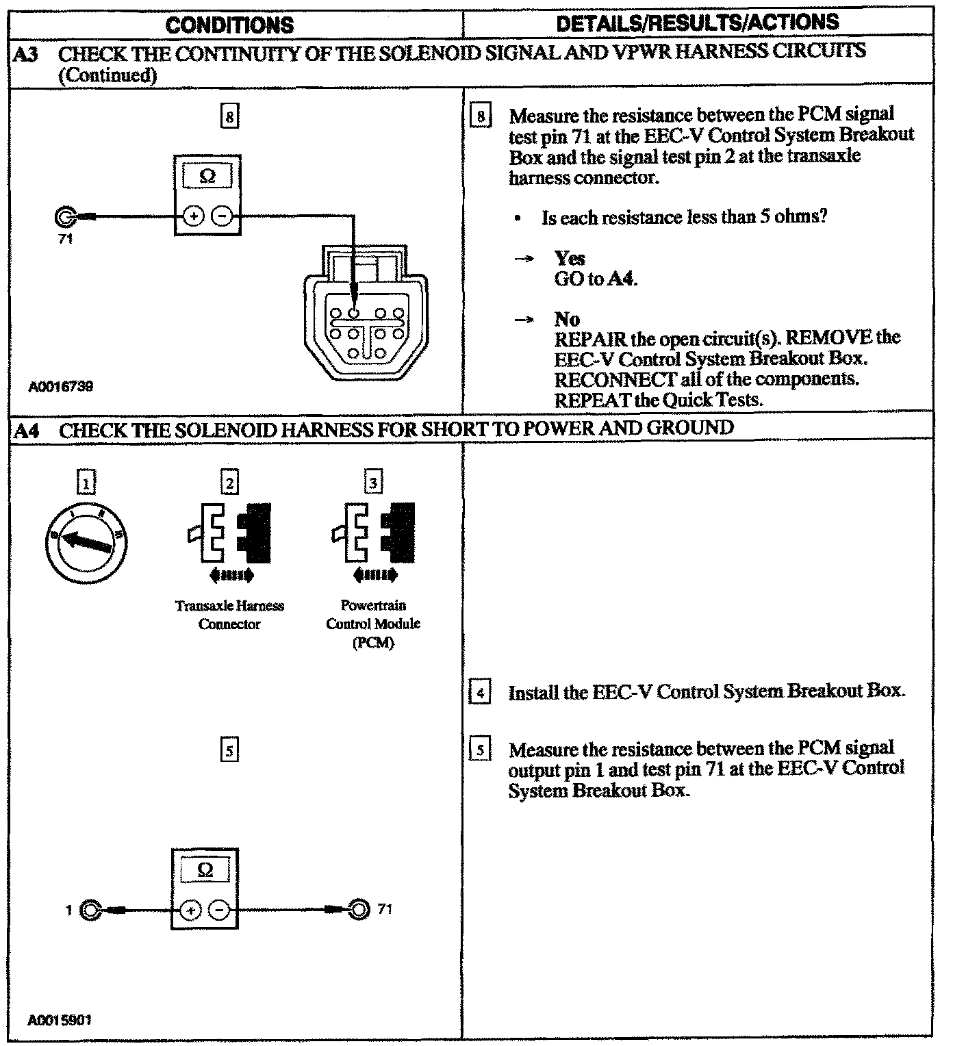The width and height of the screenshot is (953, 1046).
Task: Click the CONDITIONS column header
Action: (229, 25)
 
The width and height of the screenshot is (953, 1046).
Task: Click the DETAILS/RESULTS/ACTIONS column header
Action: (697, 23)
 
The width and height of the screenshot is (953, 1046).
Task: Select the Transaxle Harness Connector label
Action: (229, 615)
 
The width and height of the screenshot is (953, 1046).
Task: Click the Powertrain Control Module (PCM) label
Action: (373, 624)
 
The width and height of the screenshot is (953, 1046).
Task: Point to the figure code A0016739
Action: (61, 387)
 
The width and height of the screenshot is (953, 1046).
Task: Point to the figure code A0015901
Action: (60, 1019)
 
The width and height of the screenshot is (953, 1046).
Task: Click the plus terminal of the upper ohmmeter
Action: (193, 217)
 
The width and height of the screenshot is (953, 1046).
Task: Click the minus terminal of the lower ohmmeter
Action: (219, 910)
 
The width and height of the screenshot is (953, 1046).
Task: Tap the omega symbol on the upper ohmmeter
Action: (207, 177)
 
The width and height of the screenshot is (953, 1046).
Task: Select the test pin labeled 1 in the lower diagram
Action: (90, 910)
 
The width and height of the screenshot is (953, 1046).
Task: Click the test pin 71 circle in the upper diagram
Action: (64, 217)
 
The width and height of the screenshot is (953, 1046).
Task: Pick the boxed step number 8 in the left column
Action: (229, 117)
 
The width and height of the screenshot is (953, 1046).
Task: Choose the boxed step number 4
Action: (480, 693)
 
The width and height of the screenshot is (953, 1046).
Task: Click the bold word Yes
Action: (570, 258)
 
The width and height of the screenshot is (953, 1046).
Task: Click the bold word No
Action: (567, 319)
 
